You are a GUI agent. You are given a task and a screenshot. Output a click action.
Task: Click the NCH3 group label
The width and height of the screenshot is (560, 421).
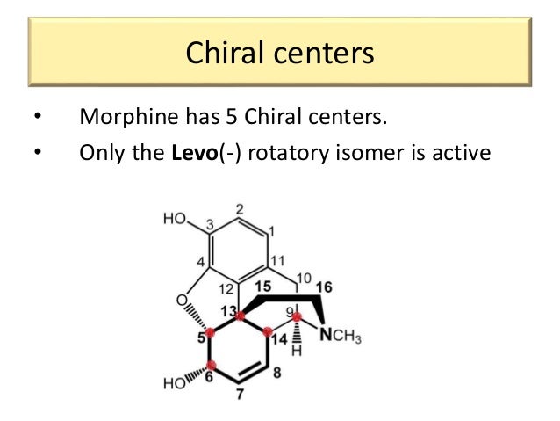(x=340, y=337)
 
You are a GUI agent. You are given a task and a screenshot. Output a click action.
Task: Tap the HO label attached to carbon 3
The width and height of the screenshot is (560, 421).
(x=174, y=219)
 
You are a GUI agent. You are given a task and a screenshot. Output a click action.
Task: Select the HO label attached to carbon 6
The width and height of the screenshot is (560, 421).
(x=174, y=382)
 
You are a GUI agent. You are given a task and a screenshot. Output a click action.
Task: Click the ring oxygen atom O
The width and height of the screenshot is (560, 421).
(x=182, y=301)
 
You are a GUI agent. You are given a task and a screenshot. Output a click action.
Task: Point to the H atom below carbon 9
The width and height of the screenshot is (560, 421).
(x=298, y=352)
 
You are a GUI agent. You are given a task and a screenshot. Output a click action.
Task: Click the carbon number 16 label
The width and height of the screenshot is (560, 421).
(x=324, y=287)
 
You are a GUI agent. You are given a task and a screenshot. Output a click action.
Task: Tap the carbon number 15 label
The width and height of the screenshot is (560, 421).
(x=262, y=286)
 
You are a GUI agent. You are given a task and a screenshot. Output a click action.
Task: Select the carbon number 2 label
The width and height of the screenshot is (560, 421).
(x=240, y=209)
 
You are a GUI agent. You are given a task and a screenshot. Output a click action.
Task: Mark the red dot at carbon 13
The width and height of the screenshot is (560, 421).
(x=241, y=315)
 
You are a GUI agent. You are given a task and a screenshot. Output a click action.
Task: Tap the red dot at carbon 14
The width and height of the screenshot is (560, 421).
(x=268, y=333)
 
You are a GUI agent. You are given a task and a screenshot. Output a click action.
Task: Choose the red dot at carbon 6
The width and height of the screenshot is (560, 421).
(x=211, y=367)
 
